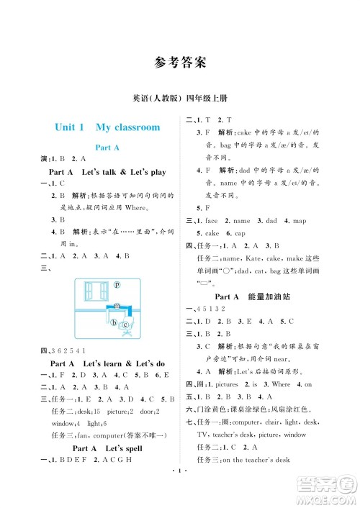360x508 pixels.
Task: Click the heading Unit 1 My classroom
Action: pyautogui.click(x=107, y=127)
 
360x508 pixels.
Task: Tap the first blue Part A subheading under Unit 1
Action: pyautogui.click(x=107, y=147)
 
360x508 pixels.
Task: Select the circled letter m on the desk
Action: pyautogui.click(x=115, y=306)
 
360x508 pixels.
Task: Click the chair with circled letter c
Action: pyautogui.click(x=125, y=325)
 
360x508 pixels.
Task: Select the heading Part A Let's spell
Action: pyautogui.click(x=107, y=448)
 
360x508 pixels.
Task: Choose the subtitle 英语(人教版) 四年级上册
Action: pyautogui.click(x=179, y=98)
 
